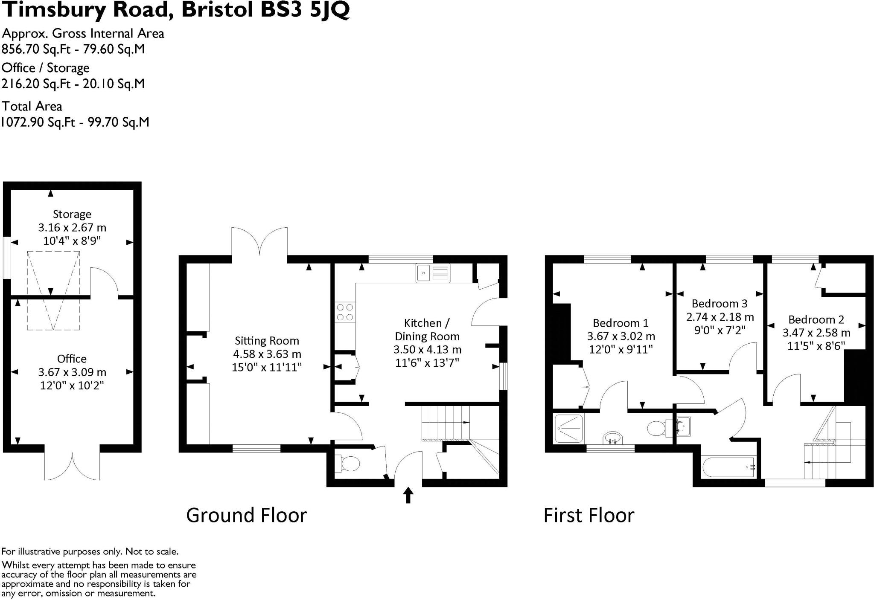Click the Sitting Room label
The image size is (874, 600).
coord(267,341)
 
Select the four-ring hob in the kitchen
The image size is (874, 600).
coord(345,312)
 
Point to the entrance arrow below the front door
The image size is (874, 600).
coord(408,495)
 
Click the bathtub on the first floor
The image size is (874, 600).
coord(728,467)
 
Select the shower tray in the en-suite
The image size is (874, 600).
coord(569,428)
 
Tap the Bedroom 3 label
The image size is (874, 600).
coord(719,304)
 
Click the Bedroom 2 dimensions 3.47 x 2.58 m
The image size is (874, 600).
coord(816,333)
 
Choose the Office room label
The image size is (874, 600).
coord(72,359)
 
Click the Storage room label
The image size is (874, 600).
coord(72,214)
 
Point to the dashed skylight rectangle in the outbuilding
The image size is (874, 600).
coord(53,290)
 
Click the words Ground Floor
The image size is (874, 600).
coord(246,515)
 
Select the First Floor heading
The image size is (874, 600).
coord(588,515)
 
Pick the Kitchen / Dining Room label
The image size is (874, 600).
coord(427,330)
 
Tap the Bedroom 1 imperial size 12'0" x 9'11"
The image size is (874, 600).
coord(621,350)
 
